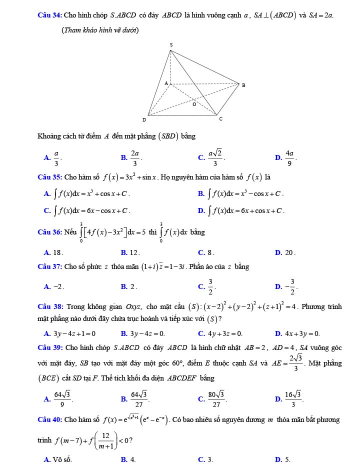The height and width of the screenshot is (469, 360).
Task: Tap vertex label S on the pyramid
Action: tap(171, 45)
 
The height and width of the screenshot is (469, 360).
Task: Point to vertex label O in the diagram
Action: tap(195, 104)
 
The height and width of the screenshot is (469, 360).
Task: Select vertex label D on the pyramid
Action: tap(144, 120)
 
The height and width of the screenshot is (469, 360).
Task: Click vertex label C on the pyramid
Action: tap(220, 119)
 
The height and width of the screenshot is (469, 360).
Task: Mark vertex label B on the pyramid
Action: tap(243, 85)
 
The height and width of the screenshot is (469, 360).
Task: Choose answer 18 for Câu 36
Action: tap(56, 252)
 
